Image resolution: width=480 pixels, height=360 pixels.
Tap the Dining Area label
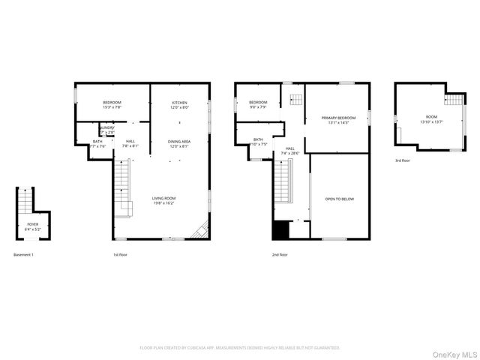[x=179, y=143]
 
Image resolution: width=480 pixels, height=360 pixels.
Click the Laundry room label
[x=106, y=130]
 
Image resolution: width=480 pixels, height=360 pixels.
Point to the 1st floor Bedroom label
[x=112, y=104]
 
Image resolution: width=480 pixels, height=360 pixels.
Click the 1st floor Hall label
[x=130, y=144]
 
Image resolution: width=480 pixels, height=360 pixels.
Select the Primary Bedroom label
[x=338, y=120]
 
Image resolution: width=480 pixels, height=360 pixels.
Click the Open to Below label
[x=339, y=199]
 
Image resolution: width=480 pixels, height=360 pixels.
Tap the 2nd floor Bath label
[x=258, y=142]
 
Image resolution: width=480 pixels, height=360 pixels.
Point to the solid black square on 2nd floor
[x=280, y=230]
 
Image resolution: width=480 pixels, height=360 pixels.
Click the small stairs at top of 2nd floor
[x=295, y=100]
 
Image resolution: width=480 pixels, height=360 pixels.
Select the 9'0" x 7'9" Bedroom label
[x=258, y=104]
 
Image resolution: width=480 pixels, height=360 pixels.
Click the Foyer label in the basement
[x=33, y=226]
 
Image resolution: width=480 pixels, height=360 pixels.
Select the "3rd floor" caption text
[x=403, y=160]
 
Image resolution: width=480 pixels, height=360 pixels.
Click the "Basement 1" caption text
[x=24, y=255]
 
